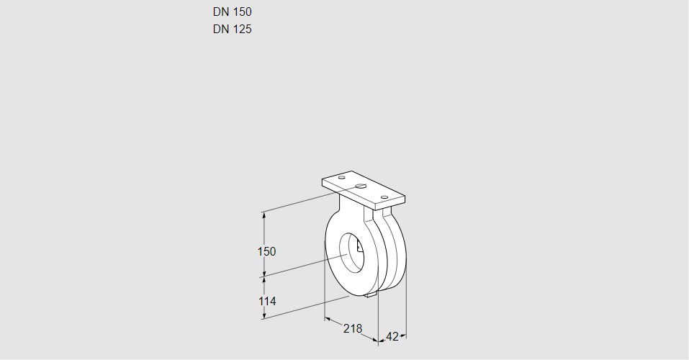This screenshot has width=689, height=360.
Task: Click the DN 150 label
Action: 232,12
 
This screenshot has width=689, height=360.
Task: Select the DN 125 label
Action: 232,29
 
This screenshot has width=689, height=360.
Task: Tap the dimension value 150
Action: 266,251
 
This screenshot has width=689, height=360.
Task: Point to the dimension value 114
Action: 266,301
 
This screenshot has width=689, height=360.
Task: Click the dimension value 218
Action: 352,328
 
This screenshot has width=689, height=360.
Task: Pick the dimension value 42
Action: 392,336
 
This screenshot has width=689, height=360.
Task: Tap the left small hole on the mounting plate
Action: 342,178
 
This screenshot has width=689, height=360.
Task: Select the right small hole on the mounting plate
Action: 384,197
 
